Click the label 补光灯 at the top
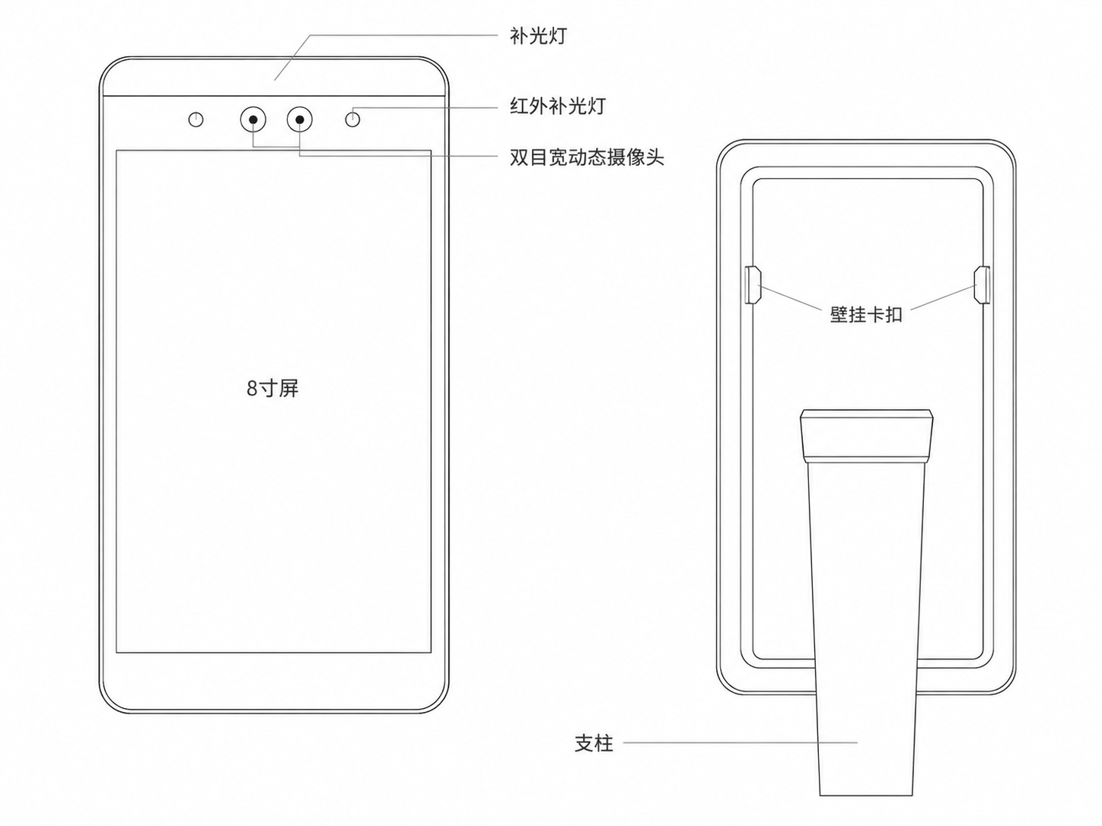(538, 36)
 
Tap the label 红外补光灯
(558, 106)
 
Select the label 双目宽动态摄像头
(587, 157)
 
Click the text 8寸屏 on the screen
(272, 388)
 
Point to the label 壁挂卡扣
(866, 315)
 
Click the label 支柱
(594, 743)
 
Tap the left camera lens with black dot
(253, 119)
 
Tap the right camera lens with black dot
(300, 119)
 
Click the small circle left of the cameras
(196, 120)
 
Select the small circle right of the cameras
(353, 120)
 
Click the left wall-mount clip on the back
(752, 285)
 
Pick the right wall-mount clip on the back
(982, 285)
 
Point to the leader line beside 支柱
(740, 743)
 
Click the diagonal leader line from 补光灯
(292, 58)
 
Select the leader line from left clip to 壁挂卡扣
(790, 297)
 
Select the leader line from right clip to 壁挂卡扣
(944, 297)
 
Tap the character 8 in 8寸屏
(252, 389)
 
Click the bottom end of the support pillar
(866, 795)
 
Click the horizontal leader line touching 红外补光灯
(425, 107)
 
